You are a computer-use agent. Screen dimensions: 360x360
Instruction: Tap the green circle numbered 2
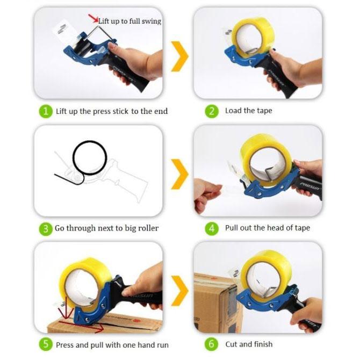(212, 111)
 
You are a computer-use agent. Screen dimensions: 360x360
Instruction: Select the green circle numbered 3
(45, 228)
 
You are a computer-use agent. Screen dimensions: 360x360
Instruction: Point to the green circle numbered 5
(46, 344)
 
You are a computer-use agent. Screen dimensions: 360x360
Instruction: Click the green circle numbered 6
(212, 344)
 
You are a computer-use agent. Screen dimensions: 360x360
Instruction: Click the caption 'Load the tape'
(248, 111)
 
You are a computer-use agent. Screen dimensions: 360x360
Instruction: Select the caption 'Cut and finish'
(249, 344)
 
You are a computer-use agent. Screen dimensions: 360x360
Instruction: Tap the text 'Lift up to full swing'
(129, 21)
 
